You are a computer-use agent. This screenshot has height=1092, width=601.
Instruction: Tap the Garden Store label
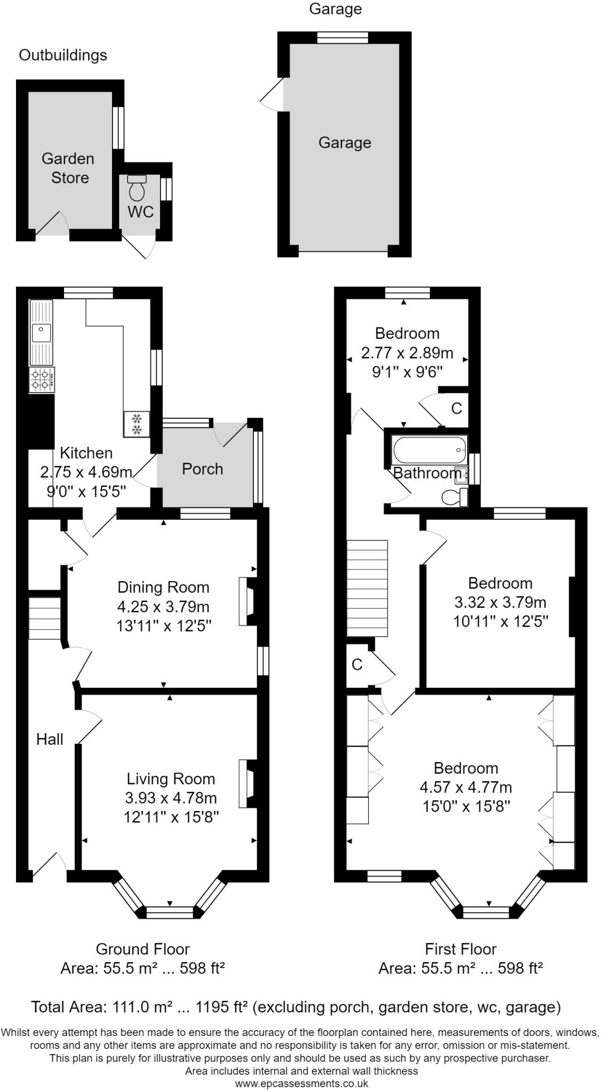[68, 168]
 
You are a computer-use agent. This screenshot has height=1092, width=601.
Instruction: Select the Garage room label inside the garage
[344, 142]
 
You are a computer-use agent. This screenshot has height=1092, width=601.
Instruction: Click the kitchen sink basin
[41, 333]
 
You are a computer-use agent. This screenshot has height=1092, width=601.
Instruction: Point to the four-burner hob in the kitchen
[42, 380]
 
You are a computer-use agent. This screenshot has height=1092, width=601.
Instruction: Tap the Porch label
[202, 469]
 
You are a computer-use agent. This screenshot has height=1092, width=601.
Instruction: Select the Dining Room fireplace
[247, 601]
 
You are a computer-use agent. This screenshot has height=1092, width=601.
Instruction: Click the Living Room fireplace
[247, 783]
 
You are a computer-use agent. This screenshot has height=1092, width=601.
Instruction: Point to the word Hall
[50, 739]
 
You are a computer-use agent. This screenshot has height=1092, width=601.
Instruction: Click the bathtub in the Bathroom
[430, 451]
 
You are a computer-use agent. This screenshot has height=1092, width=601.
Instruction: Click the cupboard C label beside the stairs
[357, 664]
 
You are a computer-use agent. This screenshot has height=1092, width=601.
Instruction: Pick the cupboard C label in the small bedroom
[456, 408]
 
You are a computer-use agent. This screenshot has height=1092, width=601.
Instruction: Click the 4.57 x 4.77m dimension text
[466, 787]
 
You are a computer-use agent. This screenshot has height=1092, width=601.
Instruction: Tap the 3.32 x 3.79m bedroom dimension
[500, 603]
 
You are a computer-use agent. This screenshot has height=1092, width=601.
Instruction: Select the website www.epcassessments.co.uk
[301, 1083]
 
